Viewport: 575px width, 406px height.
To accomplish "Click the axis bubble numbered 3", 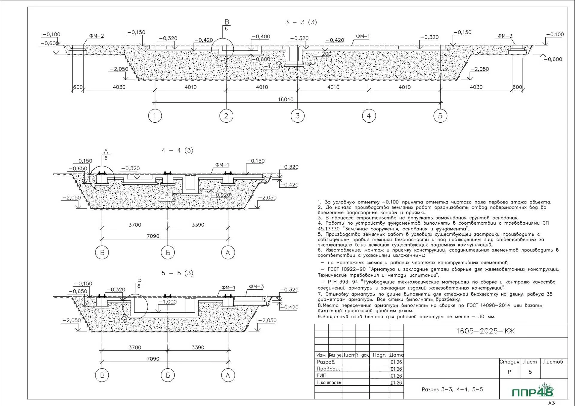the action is (x=297, y=116).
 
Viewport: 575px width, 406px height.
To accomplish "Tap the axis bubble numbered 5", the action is (x=440, y=116).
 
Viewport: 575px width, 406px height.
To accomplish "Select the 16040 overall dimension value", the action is (x=286, y=99).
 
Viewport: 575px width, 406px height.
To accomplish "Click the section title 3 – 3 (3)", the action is (x=301, y=22).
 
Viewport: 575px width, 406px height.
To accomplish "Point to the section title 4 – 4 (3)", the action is (x=177, y=150).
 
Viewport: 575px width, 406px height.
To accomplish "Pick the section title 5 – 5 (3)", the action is (x=177, y=273).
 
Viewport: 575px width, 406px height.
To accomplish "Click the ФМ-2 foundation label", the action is (x=96, y=36).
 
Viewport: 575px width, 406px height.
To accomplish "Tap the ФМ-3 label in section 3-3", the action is (x=505, y=36).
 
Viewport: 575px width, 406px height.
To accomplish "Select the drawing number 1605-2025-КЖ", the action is (x=485, y=331).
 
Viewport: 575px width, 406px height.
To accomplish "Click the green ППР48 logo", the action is (x=533, y=391).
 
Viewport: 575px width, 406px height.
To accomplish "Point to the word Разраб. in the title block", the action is (x=326, y=362).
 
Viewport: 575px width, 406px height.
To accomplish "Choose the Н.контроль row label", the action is (x=329, y=382).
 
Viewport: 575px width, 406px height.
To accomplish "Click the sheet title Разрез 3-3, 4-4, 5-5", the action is (x=452, y=389).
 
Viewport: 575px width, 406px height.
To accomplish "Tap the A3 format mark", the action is (x=551, y=403).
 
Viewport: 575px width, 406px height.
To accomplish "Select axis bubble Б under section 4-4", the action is (x=168, y=253).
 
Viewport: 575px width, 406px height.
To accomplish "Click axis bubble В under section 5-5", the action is (x=102, y=375).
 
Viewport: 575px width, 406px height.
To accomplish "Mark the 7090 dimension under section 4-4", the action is (x=153, y=236).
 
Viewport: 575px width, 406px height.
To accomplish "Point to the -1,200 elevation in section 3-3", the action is (x=323, y=54).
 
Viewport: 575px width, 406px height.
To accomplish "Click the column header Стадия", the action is (x=509, y=362).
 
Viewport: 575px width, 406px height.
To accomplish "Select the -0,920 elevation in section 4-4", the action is (x=221, y=195).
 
